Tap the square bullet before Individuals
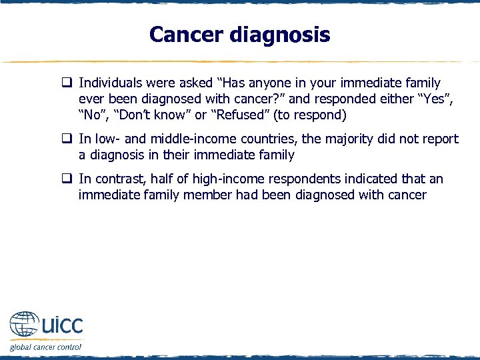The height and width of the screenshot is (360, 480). coord(67,83)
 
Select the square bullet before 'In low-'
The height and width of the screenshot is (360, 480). coord(67,139)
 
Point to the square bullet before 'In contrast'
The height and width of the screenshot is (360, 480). coord(67,179)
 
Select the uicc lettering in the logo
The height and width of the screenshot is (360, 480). coord(61,326)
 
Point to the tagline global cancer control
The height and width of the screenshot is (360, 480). coord(45,347)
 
